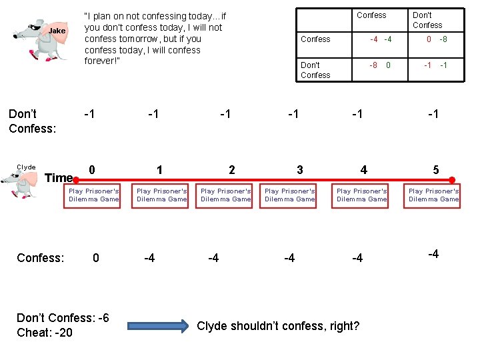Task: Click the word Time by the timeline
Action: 59,178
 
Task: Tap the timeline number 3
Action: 299,170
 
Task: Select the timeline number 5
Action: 435,170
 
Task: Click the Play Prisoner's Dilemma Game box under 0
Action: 94,195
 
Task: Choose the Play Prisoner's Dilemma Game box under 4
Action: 362,195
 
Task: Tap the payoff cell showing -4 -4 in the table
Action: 381,39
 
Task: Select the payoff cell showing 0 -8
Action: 437,39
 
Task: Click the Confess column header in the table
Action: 371,15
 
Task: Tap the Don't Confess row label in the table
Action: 315,70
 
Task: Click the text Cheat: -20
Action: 45,333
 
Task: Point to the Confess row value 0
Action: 96,258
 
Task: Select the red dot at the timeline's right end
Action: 452,179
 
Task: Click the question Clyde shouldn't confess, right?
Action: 278,326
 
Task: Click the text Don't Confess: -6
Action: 63,318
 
